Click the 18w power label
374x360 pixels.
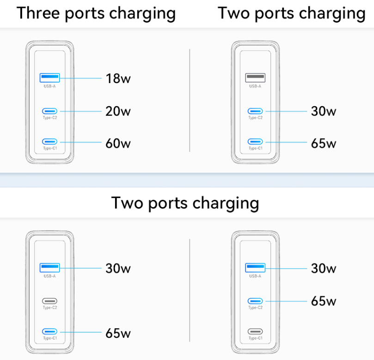tap(118, 78)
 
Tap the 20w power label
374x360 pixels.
tap(118, 111)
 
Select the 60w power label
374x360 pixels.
tap(118, 143)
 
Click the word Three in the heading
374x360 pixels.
tap(38, 13)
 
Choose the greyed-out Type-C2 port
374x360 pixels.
tap(50, 300)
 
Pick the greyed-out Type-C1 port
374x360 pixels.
tap(255, 331)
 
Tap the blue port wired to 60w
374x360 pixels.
tap(50, 142)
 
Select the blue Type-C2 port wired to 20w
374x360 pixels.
tap(50, 111)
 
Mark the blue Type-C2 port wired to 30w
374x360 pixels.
tap(255, 111)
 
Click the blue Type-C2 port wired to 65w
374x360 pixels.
tap(255, 300)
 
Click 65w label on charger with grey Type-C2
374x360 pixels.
tap(118, 333)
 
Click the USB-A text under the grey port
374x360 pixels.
tap(255, 86)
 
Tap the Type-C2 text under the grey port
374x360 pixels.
tap(50, 307)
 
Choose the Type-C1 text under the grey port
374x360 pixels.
tap(255, 338)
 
